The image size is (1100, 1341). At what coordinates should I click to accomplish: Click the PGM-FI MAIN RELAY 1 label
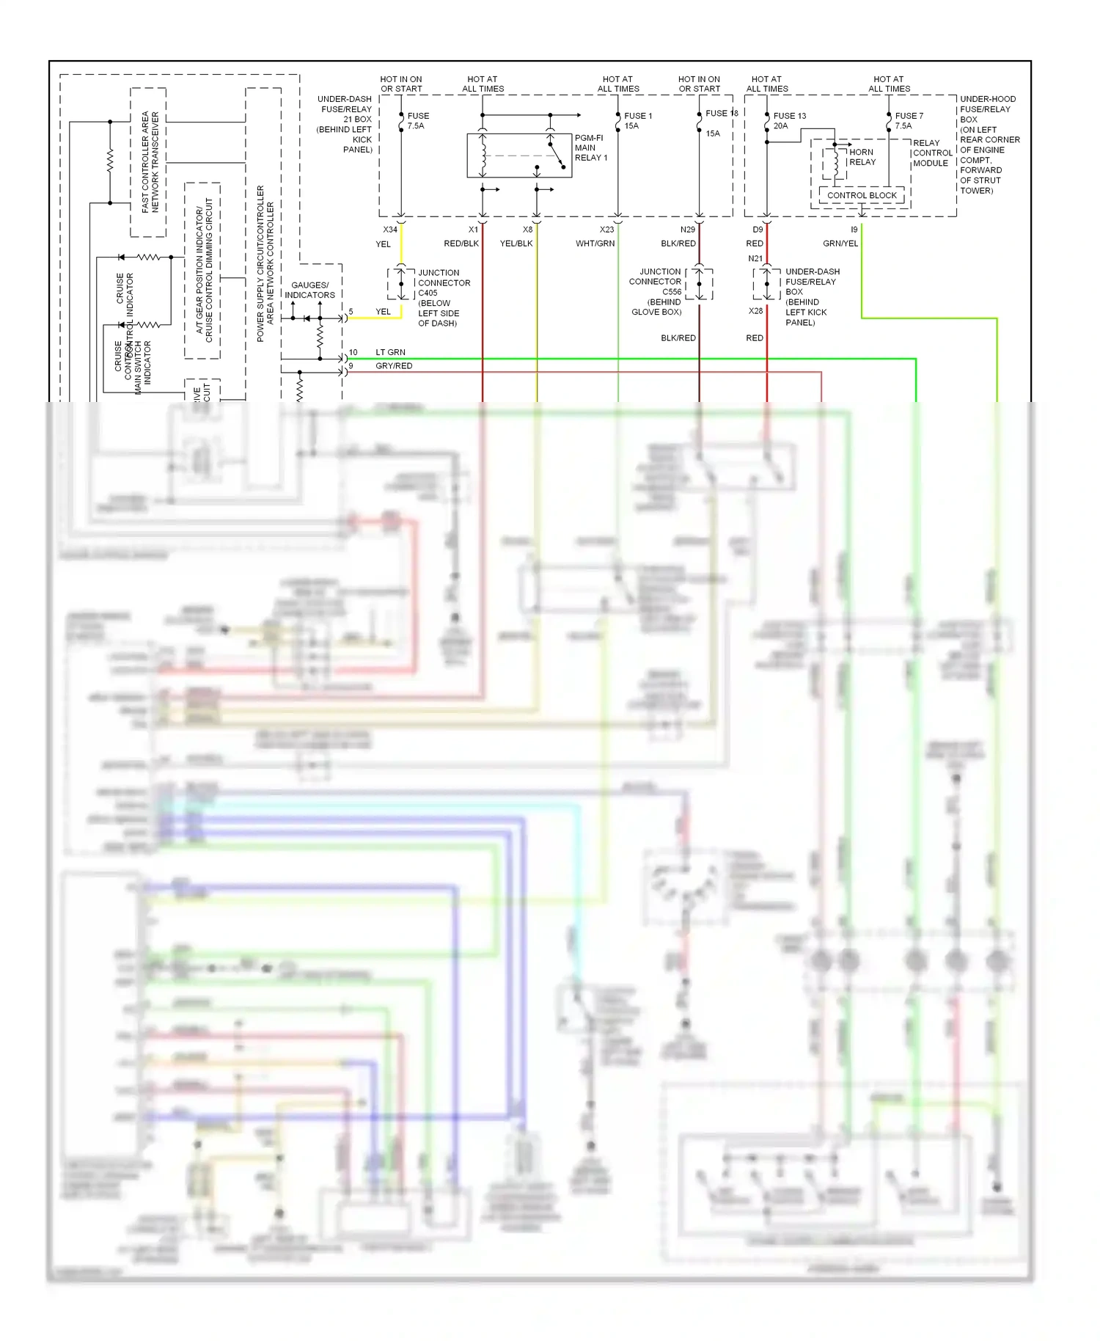click(590, 147)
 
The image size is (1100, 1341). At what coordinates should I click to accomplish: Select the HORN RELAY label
click(862, 157)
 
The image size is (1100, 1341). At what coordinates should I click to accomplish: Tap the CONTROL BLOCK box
click(862, 195)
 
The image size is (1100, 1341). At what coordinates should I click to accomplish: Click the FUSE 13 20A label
click(789, 120)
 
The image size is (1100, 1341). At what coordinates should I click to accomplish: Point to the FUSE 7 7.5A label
click(909, 120)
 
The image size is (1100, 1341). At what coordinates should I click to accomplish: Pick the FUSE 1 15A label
click(637, 120)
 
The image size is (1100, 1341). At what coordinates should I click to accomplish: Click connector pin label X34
click(390, 230)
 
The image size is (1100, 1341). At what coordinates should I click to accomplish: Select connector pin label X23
click(606, 230)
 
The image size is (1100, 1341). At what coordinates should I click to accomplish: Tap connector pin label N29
click(687, 230)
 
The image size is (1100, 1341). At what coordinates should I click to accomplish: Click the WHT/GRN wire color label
click(595, 244)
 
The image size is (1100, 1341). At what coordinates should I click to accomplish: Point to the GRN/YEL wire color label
click(840, 244)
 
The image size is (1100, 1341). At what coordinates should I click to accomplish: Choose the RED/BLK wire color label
click(461, 244)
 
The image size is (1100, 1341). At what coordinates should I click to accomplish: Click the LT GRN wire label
click(390, 352)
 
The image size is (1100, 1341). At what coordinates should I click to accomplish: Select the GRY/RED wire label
click(394, 365)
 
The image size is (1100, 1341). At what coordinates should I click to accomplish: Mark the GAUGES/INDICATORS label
click(309, 290)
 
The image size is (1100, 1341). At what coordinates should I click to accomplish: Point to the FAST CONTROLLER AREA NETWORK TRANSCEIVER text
click(150, 162)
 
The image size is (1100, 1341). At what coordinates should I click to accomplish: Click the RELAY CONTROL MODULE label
click(931, 153)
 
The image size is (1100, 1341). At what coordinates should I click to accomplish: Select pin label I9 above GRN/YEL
click(854, 230)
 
